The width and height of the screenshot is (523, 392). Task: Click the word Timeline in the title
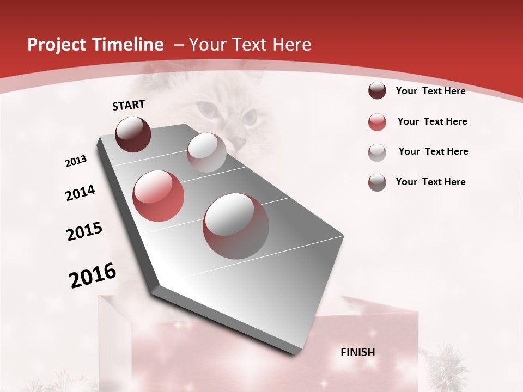pyautogui.click(x=129, y=45)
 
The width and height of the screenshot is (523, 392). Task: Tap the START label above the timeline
pyautogui.click(x=129, y=106)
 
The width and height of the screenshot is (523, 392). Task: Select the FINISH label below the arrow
pyautogui.click(x=358, y=352)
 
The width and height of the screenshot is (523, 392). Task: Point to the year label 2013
pyautogui.click(x=76, y=161)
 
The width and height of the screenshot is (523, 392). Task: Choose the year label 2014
pyautogui.click(x=80, y=193)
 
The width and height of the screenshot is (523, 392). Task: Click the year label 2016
pyautogui.click(x=93, y=275)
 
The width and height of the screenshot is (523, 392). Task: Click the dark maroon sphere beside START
pyautogui.click(x=133, y=134)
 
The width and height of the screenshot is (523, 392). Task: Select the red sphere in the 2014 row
pyautogui.click(x=159, y=196)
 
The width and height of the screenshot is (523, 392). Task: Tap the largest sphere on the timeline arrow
pyautogui.click(x=236, y=226)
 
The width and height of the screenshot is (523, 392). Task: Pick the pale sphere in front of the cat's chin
pyautogui.click(x=206, y=152)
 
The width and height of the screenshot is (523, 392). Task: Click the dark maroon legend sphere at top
pyautogui.click(x=377, y=91)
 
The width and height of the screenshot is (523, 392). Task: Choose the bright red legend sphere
pyautogui.click(x=377, y=122)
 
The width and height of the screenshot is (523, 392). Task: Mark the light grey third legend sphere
pyautogui.click(x=377, y=152)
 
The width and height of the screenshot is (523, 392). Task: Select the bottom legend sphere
pyautogui.click(x=377, y=182)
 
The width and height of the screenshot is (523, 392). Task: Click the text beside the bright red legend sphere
pyautogui.click(x=432, y=121)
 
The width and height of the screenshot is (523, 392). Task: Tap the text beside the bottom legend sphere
pyautogui.click(x=430, y=182)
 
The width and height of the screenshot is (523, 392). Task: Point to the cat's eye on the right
pyautogui.click(x=250, y=116)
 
